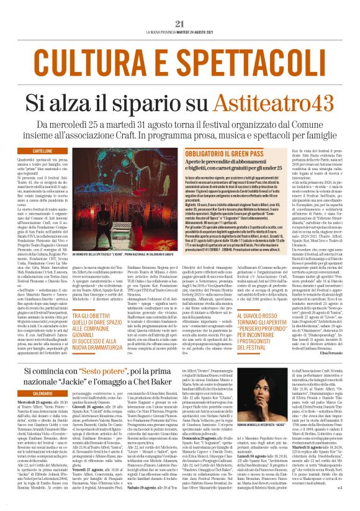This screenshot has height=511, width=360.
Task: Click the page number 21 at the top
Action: [x=180, y=7]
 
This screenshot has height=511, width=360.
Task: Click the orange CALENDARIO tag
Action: [x=42, y=394]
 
